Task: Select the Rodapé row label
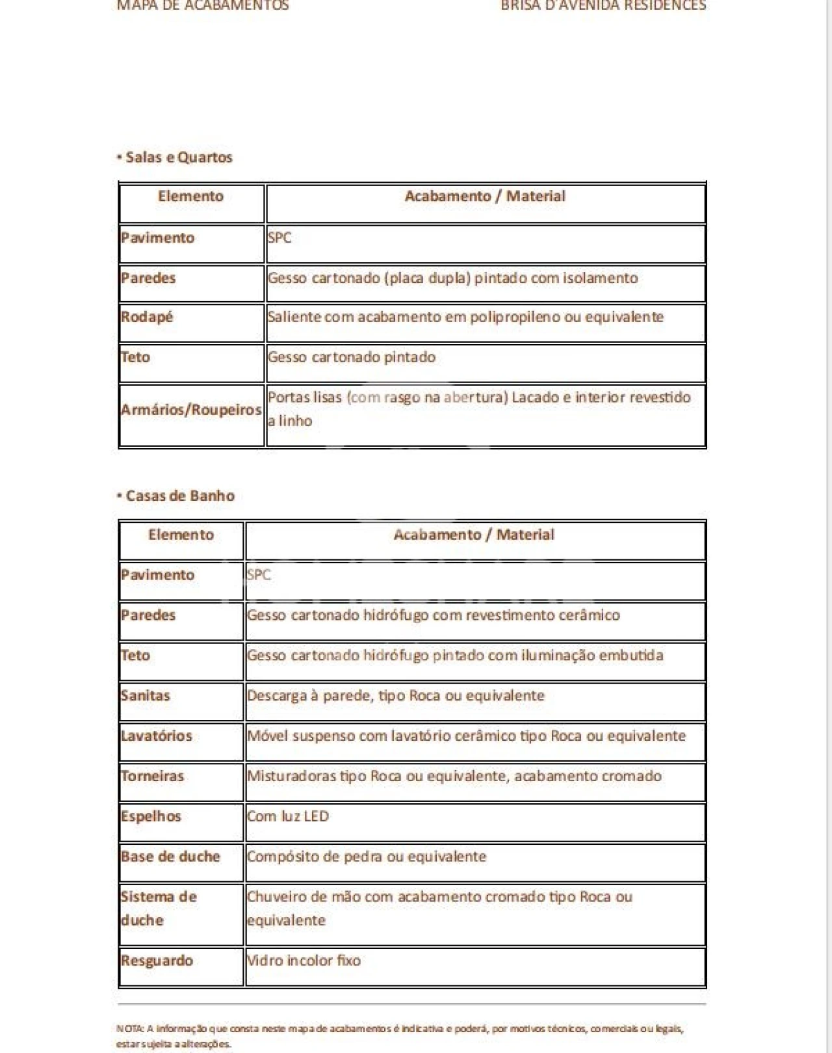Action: click(x=147, y=317)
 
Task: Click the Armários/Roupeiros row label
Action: click(x=191, y=410)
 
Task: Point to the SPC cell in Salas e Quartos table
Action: click(x=279, y=237)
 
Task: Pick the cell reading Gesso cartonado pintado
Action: click(x=352, y=357)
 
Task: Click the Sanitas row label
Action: click(x=145, y=695)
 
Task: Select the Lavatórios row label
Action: click(x=157, y=736)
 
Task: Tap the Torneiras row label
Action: click(x=152, y=776)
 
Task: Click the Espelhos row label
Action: click(x=151, y=816)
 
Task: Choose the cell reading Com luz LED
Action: click(x=288, y=816)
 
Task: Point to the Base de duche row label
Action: click(x=170, y=857)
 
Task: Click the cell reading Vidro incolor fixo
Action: click(x=304, y=961)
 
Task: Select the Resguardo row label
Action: click(x=157, y=961)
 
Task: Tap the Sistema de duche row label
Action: click(x=158, y=908)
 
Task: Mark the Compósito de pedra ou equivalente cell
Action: click(x=367, y=857)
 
